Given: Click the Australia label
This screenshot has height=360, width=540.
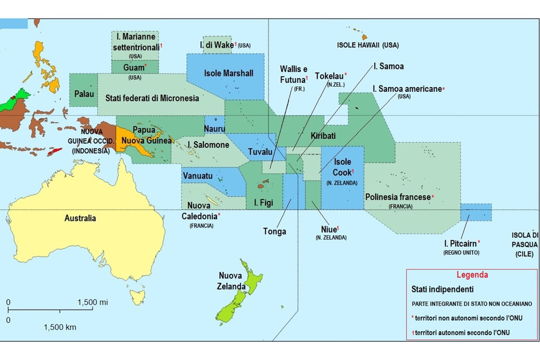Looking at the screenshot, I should [80, 218].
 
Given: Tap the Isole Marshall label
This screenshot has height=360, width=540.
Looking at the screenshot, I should [229, 73].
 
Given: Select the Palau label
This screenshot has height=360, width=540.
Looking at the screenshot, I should [84, 94].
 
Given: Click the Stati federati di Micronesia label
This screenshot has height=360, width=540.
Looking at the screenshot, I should [152, 98].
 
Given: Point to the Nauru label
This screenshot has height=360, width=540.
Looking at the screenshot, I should [214, 129].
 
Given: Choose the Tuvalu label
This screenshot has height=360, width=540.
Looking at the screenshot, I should [260, 152].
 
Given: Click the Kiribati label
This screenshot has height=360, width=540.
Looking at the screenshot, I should [323, 135].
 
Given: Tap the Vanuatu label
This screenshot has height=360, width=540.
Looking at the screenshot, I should [197, 176].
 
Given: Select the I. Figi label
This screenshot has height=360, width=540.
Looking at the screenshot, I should [263, 203].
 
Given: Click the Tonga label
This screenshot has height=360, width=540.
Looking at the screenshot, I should [274, 232].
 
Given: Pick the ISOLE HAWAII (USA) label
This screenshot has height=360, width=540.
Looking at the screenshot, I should [368, 45].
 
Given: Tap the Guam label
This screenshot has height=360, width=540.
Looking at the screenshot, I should [134, 68].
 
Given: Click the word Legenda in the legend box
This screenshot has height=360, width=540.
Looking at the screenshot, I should [472, 275].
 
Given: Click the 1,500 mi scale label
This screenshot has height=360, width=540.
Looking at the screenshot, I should [92, 302].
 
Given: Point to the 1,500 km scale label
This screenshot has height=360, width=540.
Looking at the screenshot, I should [60, 327].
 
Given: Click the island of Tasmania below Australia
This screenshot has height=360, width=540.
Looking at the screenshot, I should [136, 297].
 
